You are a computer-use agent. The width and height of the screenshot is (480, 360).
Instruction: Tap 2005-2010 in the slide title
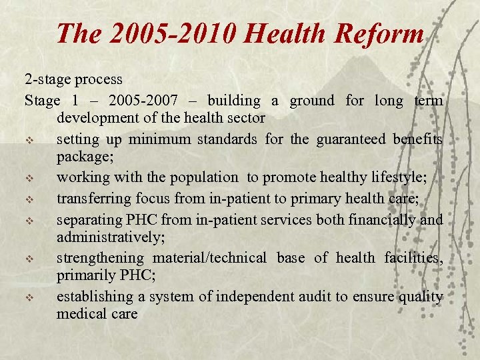[x=169, y=33]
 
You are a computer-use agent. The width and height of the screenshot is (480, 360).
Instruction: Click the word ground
[x=311, y=101]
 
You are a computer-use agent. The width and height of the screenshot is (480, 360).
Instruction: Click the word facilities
[x=413, y=257]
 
